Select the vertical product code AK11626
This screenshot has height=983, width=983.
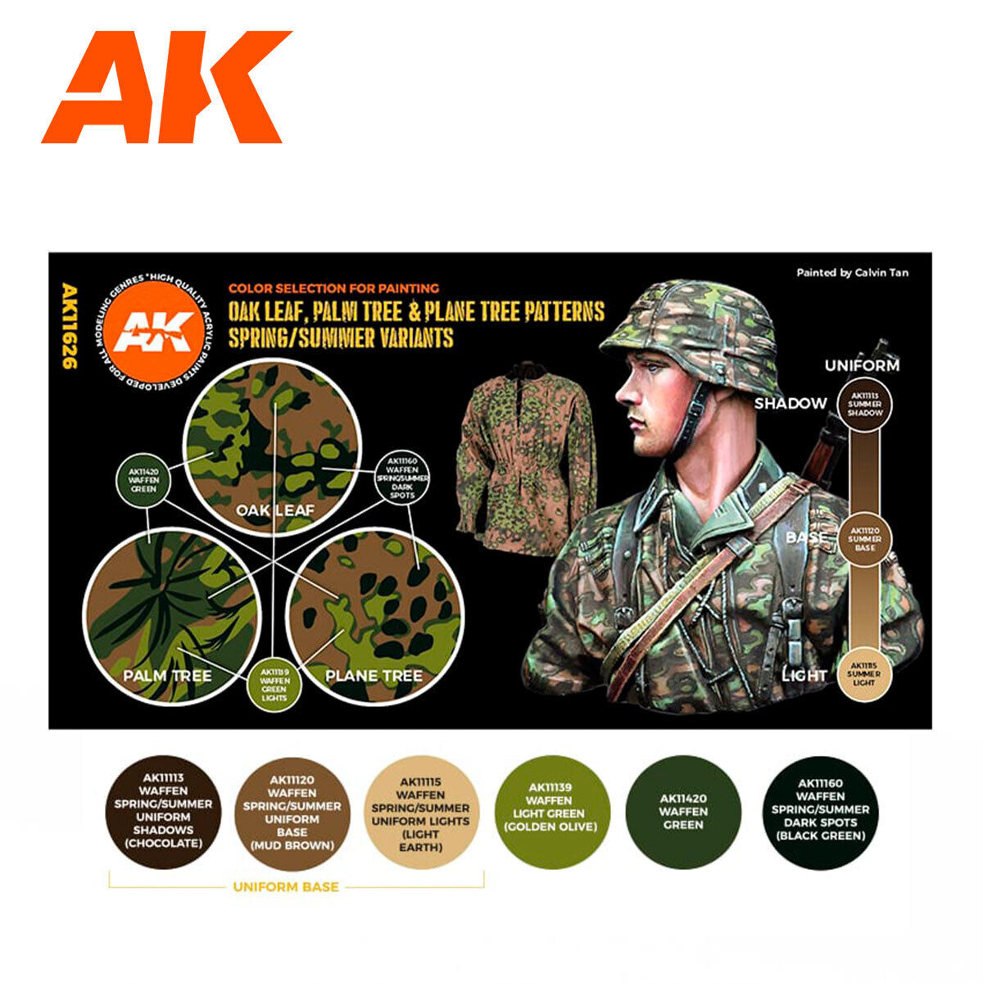click(x=70, y=326)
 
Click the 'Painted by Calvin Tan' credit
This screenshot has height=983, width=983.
click(x=852, y=273)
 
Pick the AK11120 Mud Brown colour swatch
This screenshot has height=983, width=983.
click(x=292, y=811)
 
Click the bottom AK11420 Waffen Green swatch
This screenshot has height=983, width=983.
click(x=682, y=811)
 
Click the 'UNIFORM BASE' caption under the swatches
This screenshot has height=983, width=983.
click(x=285, y=886)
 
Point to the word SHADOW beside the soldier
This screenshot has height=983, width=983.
click(x=790, y=403)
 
